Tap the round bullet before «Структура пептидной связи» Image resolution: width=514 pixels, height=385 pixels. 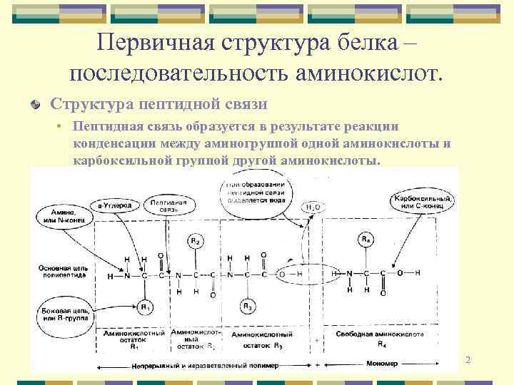click(x=35, y=105)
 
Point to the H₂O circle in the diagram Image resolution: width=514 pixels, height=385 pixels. click(x=313, y=207)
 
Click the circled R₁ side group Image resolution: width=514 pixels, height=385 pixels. click(x=145, y=307)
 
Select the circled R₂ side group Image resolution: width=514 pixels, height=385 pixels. click(x=194, y=241)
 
